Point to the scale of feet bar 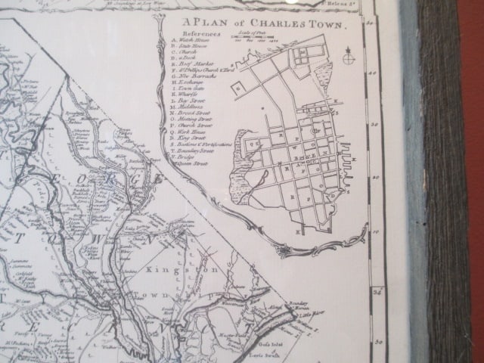point(253,40)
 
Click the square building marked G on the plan point(239,86)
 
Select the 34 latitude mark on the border point(372,289)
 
